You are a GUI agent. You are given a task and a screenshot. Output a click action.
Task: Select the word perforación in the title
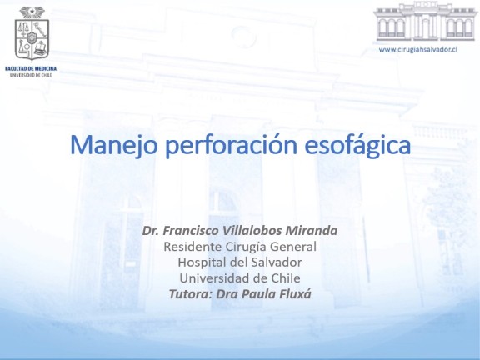(231, 145)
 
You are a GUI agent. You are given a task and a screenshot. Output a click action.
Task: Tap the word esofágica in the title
(357, 145)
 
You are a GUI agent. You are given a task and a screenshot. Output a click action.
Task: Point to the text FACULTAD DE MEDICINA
(31, 68)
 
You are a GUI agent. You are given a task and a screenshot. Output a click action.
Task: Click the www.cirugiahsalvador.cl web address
(418, 50)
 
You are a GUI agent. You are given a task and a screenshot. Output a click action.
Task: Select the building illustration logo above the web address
(424, 22)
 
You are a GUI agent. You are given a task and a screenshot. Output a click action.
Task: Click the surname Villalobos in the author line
(252, 231)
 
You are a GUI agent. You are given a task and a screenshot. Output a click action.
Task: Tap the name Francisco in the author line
(190, 231)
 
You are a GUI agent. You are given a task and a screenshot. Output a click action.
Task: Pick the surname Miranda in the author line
(312, 231)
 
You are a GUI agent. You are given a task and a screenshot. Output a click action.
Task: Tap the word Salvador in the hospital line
(277, 262)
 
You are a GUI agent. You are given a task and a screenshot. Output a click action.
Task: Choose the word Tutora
(191, 294)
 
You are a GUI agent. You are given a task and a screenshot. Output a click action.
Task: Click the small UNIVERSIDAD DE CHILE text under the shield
(31, 75)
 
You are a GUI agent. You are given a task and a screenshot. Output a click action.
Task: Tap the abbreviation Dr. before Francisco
(151, 231)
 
